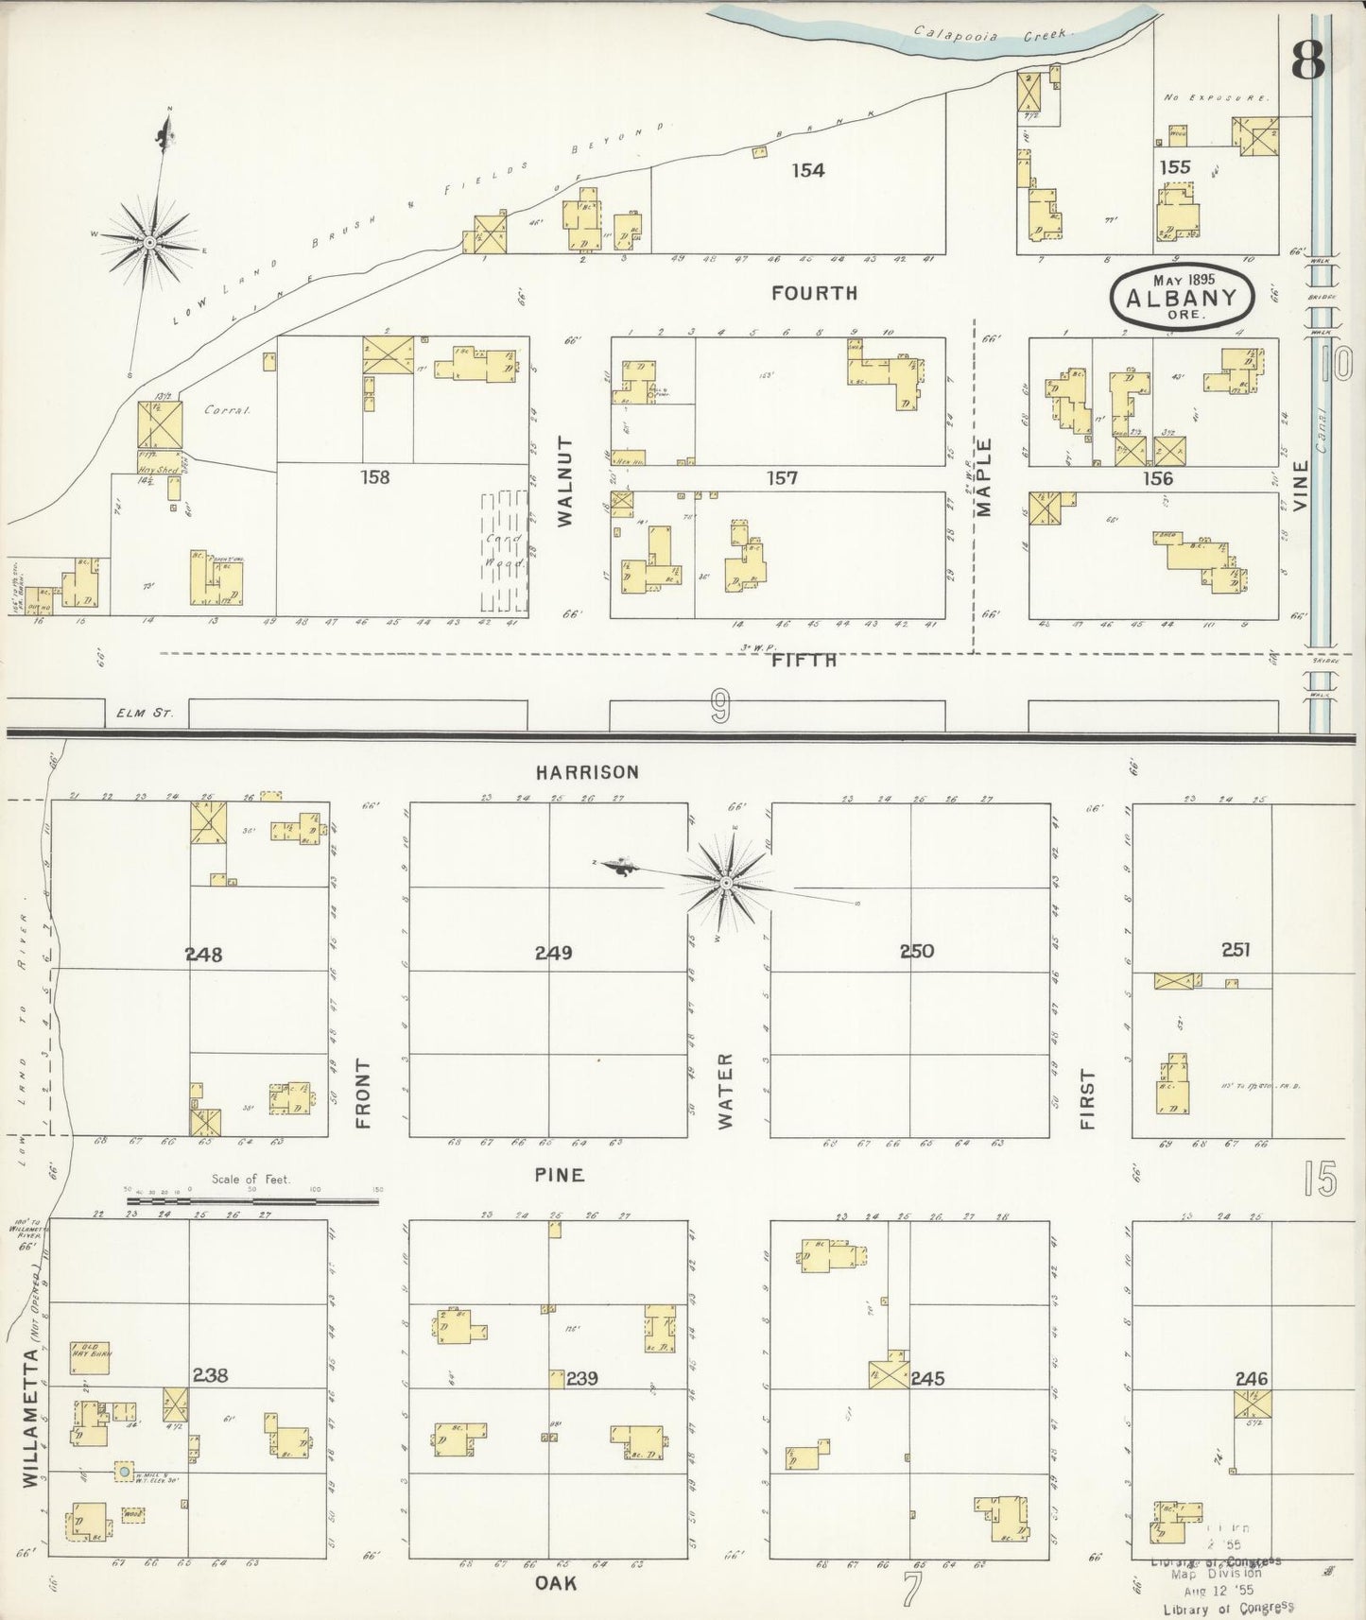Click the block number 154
click(808, 170)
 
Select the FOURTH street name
click(814, 293)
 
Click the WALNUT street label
click(565, 481)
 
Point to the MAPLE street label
click(985, 477)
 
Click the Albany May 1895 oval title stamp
click(1182, 298)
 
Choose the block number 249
click(553, 953)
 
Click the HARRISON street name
click(586, 772)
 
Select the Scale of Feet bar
click(252, 1202)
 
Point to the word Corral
click(218, 412)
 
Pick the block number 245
click(926, 1378)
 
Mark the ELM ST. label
click(147, 714)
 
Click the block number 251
click(1235, 950)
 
